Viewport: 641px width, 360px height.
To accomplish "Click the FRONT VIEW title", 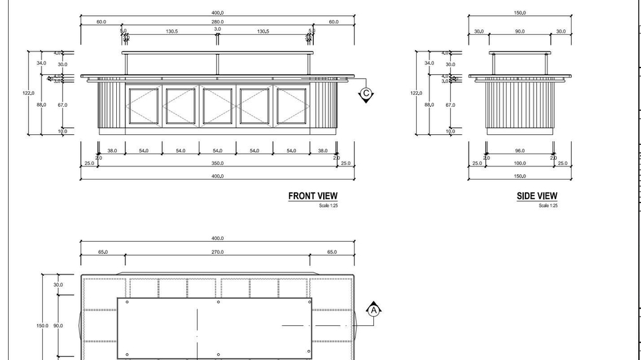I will (312, 196).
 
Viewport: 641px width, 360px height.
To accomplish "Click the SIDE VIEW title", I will (537, 196).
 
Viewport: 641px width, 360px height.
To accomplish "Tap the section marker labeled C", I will (365, 94).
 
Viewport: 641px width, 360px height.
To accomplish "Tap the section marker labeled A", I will (374, 310).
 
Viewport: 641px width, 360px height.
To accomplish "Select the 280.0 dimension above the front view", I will (217, 22).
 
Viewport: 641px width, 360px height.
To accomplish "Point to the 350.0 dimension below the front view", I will (217, 163).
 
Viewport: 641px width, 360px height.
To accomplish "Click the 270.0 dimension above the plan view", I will (217, 252).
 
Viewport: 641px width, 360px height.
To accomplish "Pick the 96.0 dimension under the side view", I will (519, 151).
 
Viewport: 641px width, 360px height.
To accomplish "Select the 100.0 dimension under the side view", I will (519, 163).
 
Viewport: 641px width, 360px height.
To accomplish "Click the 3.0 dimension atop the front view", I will (218, 29).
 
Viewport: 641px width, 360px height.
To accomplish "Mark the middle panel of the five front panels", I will (217, 106).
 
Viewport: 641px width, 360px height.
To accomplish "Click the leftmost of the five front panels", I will (143, 106).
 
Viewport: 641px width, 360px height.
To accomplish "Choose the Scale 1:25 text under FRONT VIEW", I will (329, 206).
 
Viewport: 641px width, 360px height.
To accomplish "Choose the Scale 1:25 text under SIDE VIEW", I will (548, 206).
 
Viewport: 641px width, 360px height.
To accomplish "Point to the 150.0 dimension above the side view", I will (519, 13).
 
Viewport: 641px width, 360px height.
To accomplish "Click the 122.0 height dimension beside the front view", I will (29, 94).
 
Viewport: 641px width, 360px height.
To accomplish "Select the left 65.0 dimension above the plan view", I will (103, 252).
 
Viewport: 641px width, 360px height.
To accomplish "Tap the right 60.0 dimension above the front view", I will (333, 22).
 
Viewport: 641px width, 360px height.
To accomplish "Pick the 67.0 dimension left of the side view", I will (450, 105).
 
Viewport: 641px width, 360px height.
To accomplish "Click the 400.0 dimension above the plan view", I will (217, 238).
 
